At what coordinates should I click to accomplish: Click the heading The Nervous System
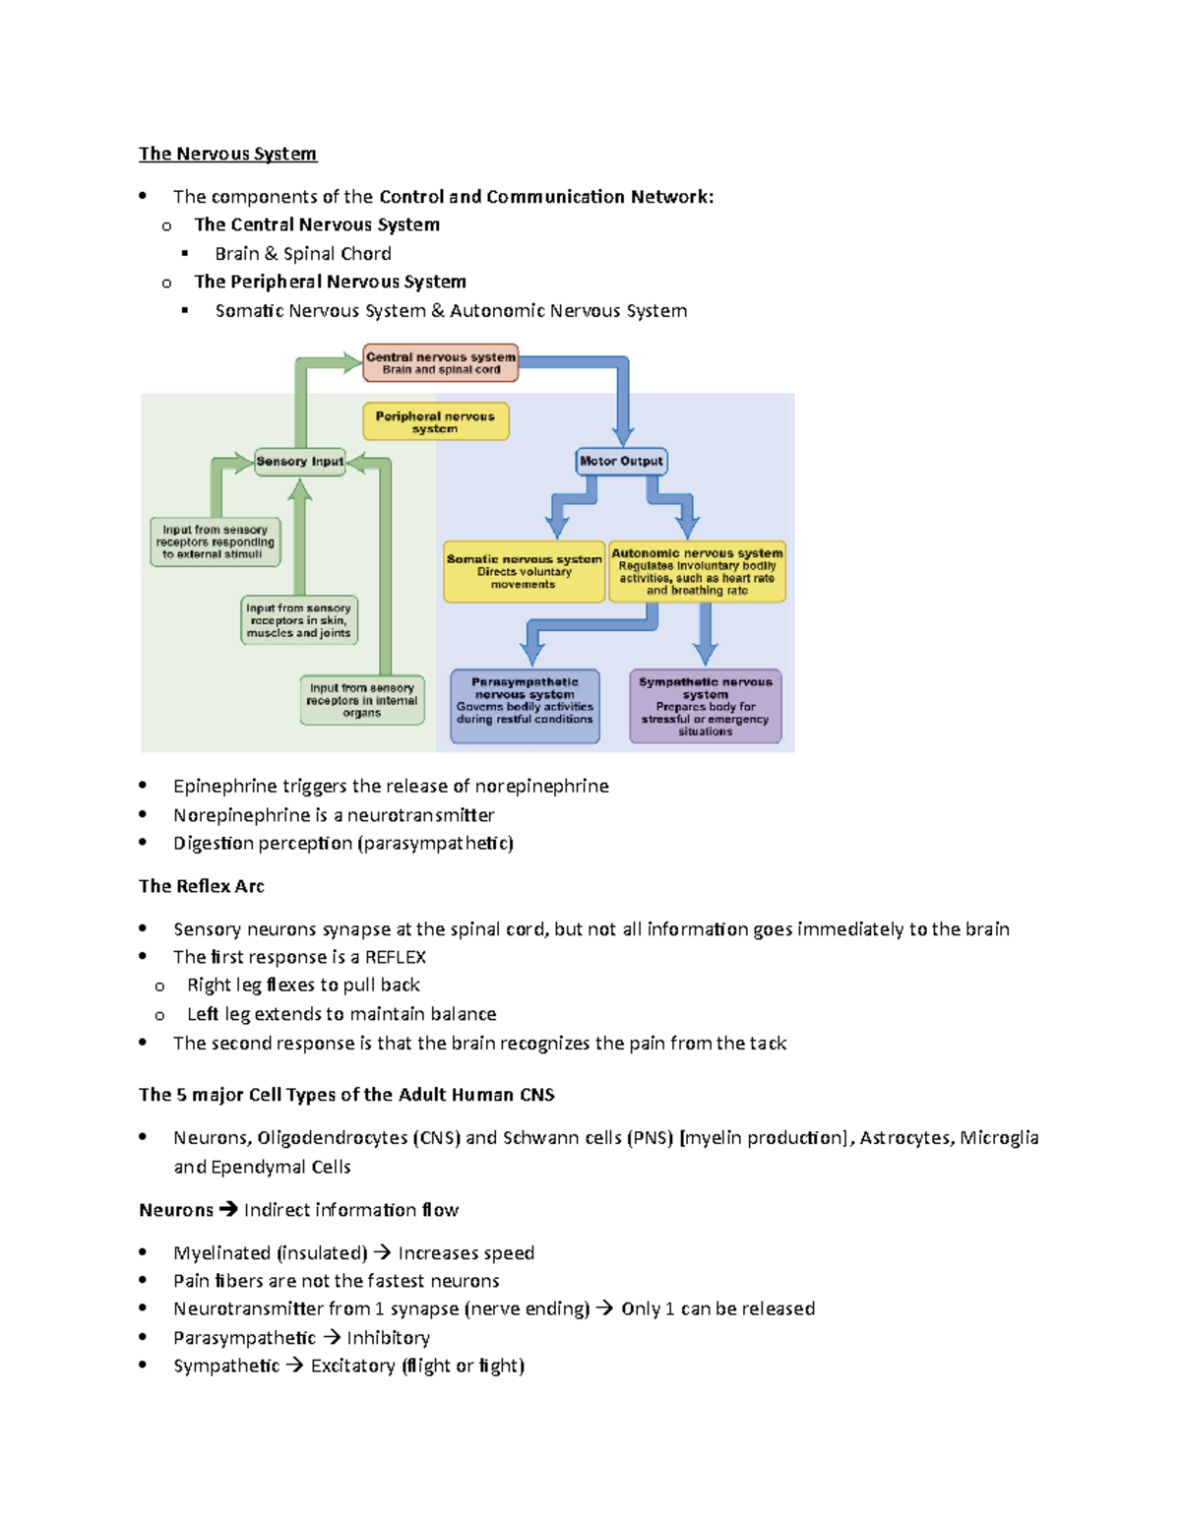point(227,154)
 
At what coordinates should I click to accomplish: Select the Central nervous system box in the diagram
point(440,363)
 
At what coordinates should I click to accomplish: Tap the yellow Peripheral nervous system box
point(435,421)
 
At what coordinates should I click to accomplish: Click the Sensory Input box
point(299,461)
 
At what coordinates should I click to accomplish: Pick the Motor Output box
point(621,461)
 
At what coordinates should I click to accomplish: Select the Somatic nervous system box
point(524,571)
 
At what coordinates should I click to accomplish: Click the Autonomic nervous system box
point(697,571)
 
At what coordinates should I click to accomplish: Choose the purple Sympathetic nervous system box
point(705,706)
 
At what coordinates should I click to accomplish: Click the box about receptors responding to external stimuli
point(215,542)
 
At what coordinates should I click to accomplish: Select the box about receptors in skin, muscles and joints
point(298,620)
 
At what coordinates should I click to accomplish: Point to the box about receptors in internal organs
point(361,700)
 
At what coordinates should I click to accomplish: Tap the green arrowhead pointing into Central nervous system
point(350,363)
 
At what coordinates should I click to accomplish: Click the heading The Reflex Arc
point(201,886)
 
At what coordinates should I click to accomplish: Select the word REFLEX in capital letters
point(395,957)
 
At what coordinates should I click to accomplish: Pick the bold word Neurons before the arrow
point(175,1210)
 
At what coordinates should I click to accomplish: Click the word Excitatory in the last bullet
point(352,1366)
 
